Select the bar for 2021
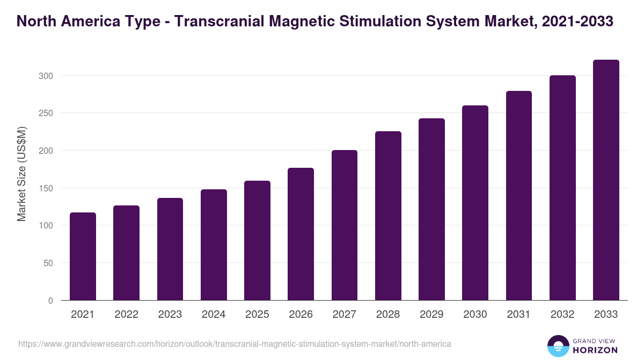(x=83, y=257)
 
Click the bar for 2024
(x=214, y=245)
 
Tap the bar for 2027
(x=345, y=225)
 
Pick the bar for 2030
(x=475, y=203)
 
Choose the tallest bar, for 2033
(x=606, y=180)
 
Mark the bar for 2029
(x=431, y=209)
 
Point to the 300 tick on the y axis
(x=46, y=76)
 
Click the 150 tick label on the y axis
(x=46, y=188)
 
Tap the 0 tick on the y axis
(x=50, y=301)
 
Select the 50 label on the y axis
(x=48, y=263)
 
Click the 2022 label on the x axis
(x=126, y=315)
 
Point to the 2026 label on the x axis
(x=301, y=315)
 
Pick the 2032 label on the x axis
(x=562, y=315)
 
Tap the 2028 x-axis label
(x=388, y=315)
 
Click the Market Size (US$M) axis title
(x=21, y=173)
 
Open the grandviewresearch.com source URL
(x=235, y=344)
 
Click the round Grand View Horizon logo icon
(x=558, y=346)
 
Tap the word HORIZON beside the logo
(x=596, y=350)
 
